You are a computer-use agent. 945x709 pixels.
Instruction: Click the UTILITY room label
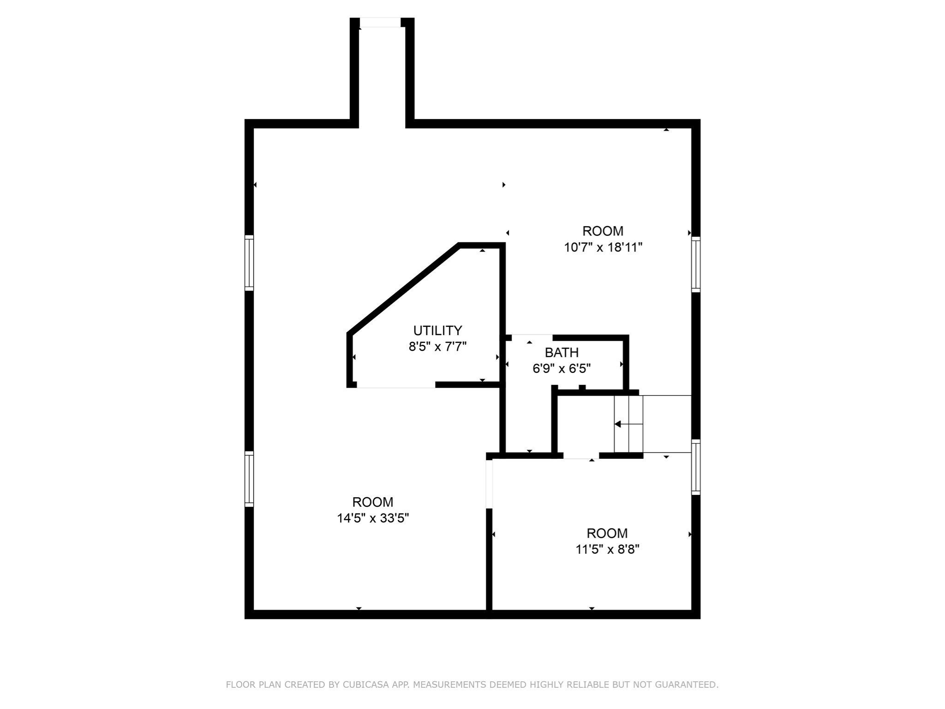coord(437,330)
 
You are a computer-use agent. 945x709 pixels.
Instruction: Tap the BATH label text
coord(562,353)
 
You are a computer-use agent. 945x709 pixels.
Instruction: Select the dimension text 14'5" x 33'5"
coord(373,518)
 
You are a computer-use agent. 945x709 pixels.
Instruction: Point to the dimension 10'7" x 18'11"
coord(603,247)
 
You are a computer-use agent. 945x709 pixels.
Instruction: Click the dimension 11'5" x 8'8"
coord(607,549)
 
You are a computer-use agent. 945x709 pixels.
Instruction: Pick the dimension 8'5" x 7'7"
coord(437,346)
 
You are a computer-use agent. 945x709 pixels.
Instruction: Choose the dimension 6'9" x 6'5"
coord(562,368)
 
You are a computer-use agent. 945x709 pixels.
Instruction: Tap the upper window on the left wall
coord(249,263)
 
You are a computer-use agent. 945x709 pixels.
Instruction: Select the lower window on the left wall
coord(249,479)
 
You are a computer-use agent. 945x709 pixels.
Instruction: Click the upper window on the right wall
coord(696,264)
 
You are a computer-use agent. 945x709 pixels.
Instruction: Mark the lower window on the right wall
coord(696,467)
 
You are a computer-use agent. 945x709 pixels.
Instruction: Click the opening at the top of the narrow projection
coord(380,22)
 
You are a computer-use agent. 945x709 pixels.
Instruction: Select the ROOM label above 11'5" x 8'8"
coord(607,534)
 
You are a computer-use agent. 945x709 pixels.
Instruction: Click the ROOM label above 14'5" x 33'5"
coord(373,502)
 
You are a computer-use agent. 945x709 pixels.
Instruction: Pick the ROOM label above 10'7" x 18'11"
coord(603,231)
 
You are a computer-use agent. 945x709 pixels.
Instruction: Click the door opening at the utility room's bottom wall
coord(396,385)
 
